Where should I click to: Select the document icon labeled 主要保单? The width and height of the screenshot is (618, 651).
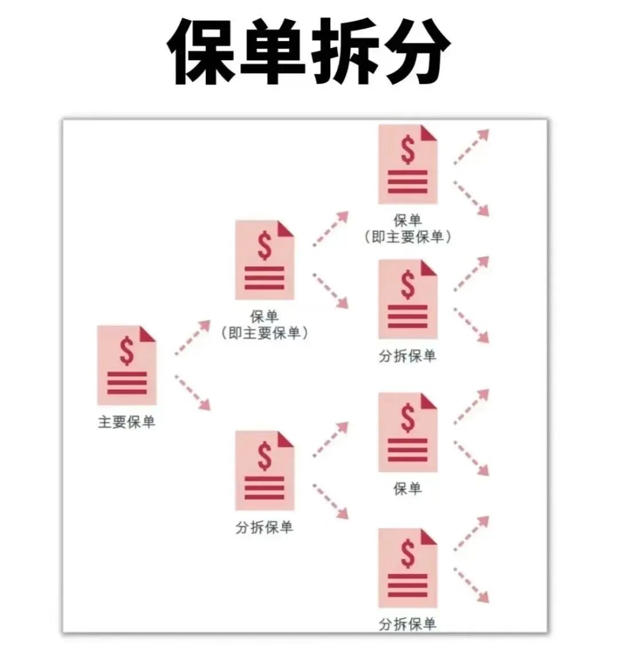click(126, 365)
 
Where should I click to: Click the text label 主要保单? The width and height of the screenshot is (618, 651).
click(126, 423)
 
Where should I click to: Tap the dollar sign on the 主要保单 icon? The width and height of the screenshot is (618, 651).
click(126, 351)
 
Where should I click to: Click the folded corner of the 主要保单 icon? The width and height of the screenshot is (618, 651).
click(148, 334)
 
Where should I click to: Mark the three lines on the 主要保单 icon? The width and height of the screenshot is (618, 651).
click(126, 383)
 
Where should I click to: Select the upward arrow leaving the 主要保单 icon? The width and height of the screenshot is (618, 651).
click(193, 337)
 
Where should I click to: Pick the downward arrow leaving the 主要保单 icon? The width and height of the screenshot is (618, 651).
click(193, 392)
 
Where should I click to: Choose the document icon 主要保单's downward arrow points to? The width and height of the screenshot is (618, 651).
click(264, 471)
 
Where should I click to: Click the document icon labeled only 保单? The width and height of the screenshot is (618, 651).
click(407, 432)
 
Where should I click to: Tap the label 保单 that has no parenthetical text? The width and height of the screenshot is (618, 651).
click(407, 488)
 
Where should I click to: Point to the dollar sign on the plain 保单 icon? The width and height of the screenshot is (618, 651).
click(407, 417)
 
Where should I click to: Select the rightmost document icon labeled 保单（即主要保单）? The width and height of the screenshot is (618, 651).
click(407, 164)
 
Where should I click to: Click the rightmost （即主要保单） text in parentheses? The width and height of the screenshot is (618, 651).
click(407, 236)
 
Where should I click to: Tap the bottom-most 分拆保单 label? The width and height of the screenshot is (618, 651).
click(407, 624)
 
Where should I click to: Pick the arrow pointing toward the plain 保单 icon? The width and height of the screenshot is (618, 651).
click(331, 439)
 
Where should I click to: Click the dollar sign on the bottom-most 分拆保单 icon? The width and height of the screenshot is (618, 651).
click(407, 553)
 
